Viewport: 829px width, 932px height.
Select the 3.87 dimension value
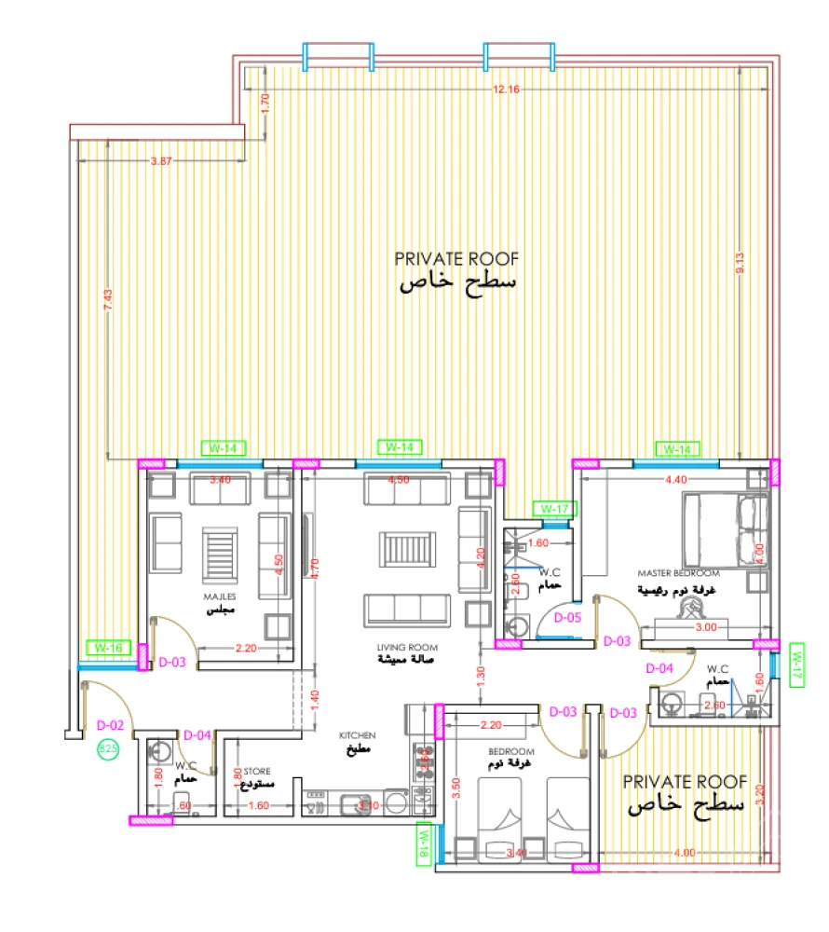(161, 161)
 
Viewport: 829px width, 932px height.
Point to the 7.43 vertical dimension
(108, 299)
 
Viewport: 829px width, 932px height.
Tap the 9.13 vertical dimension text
(741, 263)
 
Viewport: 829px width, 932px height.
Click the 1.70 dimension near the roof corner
(265, 103)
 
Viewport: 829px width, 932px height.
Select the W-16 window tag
(106, 647)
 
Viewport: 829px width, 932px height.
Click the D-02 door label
(110, 724)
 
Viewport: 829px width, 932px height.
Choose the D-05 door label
(567, 617)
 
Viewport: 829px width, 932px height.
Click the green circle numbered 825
(108, 747)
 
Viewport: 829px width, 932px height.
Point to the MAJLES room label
(221, 596)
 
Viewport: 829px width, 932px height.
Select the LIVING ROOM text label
(407, 647)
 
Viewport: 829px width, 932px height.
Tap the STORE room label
(257, 772)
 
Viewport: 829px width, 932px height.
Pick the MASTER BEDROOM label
(678, 572)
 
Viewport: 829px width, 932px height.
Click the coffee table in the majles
(221, 555)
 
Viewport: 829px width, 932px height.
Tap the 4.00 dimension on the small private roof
(684, 852)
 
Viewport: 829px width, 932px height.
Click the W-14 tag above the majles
(221, 448)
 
